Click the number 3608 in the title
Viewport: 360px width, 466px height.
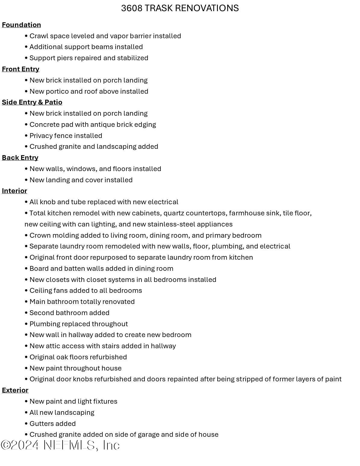click(132, 8)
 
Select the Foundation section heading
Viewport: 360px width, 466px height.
click(21, 25)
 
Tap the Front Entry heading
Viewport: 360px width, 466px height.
click(20, 69)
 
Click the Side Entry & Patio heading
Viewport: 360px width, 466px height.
click(32, 102)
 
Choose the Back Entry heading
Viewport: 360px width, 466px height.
click(20, 158)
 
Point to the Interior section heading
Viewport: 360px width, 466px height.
click(14, 191)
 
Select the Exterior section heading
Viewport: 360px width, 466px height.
click(15, 390)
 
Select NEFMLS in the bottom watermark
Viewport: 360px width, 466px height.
click(70, 445)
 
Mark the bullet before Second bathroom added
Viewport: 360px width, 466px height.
click(26, 313)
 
